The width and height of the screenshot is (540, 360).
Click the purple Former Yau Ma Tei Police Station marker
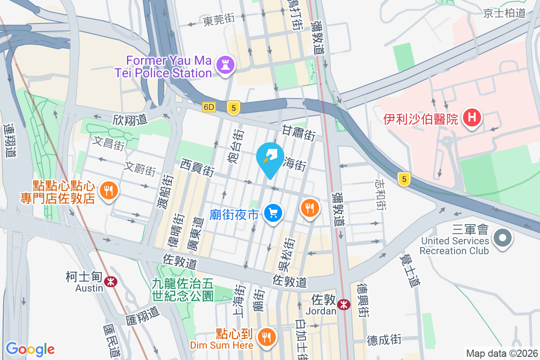(x=226, y=65)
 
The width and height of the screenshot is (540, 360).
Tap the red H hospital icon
(x=472, y=118)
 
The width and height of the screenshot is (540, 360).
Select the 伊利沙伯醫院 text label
(x=421, y=119)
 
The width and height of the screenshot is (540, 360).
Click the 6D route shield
(x=209, y=107)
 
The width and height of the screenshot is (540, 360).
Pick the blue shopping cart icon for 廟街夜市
(x=273, y=212)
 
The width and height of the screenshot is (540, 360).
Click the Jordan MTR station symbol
(x=344, y=304)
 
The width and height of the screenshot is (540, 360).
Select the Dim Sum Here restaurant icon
(x=267, y=336)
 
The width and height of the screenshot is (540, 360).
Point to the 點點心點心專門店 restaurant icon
(x=108, y=190)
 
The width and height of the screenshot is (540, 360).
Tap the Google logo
(x=30, y=349)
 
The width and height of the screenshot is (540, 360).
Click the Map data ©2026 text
(x=501, y=353)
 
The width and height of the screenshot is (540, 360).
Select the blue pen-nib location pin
(x=270, y=158)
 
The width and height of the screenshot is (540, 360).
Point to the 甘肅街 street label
(x=299, y=133)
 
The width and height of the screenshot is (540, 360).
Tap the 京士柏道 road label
(x=504, y=13)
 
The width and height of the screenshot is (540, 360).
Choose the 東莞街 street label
(x=219, y=20)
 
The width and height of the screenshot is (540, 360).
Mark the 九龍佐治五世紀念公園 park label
(x=182, y=289)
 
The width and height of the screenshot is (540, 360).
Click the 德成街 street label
(x=384, y=339)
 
